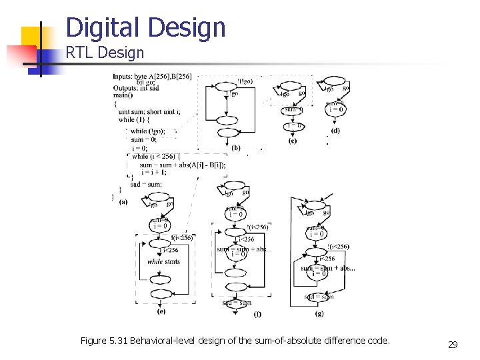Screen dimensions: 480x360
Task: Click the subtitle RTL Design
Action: pyautogui.click(x=105, y=52)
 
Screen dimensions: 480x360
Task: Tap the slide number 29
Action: pyautogui.click(x=453, y=345)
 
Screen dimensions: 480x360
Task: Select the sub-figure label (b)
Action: pyautogui.click(x=236, y=147)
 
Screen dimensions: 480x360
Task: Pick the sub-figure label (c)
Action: pyautogui.click(x=293, y=141)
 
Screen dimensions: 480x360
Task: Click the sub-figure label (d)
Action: pyautogui.click(x=335, y=131)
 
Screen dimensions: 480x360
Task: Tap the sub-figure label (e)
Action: pyautogui.click(x=161, y=311)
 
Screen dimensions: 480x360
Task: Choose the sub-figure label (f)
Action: pyautogui.click(x=257, y=314)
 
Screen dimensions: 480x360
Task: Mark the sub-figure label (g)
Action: pyautogui.click(x=320, y=313)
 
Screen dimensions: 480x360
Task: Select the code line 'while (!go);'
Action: pyautogui.click(x=148, y=131)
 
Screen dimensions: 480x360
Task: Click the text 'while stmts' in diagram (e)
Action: pyautogui.click(x=163, y=262)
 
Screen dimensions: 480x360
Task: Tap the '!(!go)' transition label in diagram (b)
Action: pyautogui.click(x=245, y=81)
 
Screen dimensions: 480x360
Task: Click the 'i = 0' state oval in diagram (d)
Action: pyautogui.click(x=335, y=109)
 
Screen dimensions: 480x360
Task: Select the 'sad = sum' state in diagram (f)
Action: pyautogui.click(x=237, y=303)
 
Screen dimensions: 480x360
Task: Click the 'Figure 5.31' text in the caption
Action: pyautogui.click(x=104, y=341)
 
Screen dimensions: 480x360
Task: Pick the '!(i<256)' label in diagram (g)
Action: pyautogui.click(x=338, y=247)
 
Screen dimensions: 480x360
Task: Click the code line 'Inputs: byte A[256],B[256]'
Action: pyautogui.click(x=152, y=77)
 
